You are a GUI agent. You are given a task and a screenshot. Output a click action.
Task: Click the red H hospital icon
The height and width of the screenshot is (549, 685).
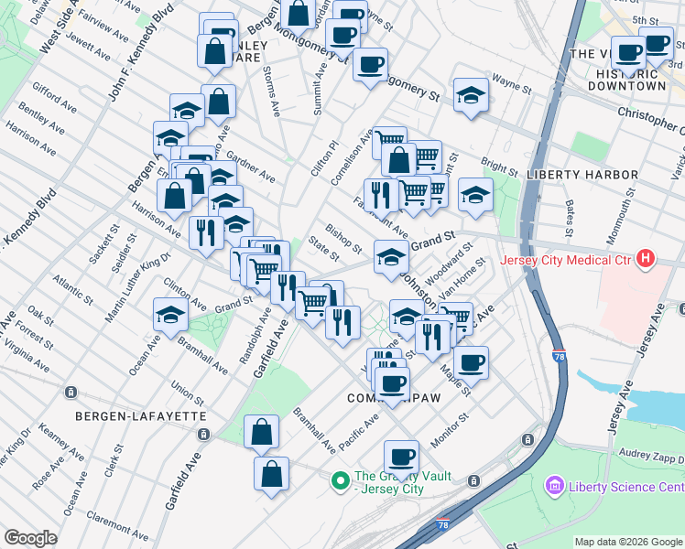pos(647,260)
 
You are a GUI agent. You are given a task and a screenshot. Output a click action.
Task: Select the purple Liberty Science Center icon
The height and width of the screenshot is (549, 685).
pos(554,484)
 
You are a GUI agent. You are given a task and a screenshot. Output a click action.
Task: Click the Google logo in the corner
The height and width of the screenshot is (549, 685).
pos(30,538)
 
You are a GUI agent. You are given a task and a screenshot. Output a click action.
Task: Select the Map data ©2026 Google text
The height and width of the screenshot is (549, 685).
pos(627,542)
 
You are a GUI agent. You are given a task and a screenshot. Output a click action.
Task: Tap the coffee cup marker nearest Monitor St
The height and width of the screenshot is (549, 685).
pos(400,455)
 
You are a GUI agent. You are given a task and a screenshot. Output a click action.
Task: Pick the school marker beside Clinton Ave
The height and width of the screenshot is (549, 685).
pos(170,314)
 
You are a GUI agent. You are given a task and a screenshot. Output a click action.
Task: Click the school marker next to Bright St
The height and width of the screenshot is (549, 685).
pos(474,194)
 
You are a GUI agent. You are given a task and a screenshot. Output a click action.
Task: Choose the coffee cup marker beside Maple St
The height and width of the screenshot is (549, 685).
pos(471,361)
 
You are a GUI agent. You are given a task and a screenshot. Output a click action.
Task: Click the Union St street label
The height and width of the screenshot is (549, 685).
pos(188,394)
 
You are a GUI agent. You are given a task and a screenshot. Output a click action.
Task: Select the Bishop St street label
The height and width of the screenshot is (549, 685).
pos(343,238)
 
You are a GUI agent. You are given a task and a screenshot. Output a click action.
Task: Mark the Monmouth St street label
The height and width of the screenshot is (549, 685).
pos(628,215)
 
